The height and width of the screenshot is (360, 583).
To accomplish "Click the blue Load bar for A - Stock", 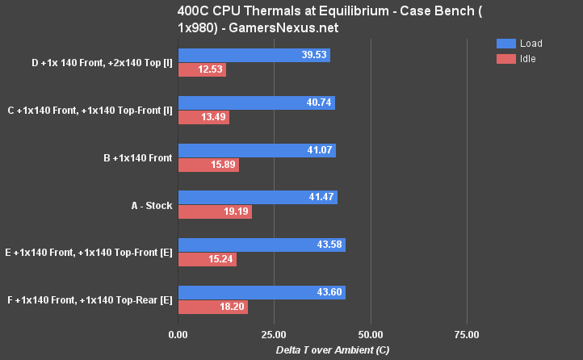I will (x=257, y=198).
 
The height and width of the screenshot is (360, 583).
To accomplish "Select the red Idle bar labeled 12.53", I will (x=201, y=70).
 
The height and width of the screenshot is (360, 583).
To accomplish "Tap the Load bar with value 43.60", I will (x=261, y=293).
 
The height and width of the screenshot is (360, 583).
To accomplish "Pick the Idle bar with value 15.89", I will (x=208, y=165).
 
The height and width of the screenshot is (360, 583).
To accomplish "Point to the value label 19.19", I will (x=236, y=212).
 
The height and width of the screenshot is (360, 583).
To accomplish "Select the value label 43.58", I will (x=329, y=245).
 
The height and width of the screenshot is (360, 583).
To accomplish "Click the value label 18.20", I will (x=232, y=308).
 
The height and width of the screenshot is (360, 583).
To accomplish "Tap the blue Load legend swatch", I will (x=505, y=44).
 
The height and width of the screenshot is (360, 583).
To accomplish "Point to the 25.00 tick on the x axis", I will (x=274, y=334).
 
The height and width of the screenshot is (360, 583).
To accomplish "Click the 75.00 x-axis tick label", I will (x=467, y=334).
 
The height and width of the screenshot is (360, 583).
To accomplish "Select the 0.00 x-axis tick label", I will (x=178, y=334).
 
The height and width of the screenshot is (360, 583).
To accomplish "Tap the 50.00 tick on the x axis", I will (x=371, y=334).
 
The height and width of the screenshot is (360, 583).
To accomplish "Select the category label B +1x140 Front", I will (x=137, y=158).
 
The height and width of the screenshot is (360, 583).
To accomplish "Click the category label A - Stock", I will (x=152, y=206).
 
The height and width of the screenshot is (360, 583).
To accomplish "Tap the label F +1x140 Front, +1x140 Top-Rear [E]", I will (x=89, y=300).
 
